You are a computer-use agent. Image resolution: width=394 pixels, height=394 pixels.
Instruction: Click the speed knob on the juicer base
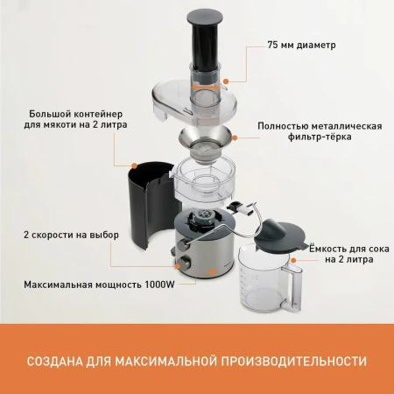click(185, 264)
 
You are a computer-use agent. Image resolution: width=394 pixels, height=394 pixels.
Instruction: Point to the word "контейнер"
click(102, 114)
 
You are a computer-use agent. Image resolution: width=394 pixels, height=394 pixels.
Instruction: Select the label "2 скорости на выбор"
click(71, 236)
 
